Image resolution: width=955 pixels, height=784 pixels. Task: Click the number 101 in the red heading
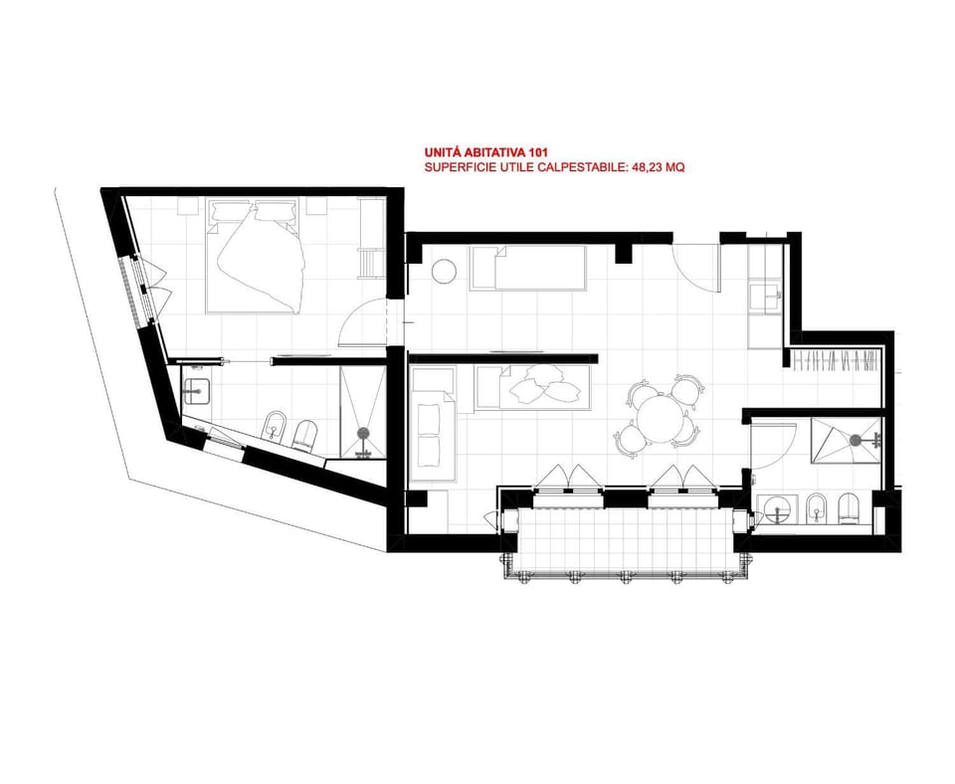click(529, 152)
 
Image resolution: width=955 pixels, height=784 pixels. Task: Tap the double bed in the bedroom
click(255, 255)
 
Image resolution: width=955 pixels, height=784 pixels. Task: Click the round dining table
click(661, 420)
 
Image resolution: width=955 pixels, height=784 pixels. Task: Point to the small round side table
click(444, 271)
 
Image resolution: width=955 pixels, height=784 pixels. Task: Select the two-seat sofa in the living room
click(433, 424)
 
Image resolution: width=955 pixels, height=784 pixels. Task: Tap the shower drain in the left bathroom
click(364, 433)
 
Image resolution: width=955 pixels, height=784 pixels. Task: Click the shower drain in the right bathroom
click(857, 439)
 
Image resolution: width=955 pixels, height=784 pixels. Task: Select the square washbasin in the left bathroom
click(196, 391)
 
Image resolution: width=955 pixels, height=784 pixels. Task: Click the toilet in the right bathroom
click(850, 508)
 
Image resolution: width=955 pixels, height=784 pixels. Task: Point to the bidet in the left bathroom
click(276, 427)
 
